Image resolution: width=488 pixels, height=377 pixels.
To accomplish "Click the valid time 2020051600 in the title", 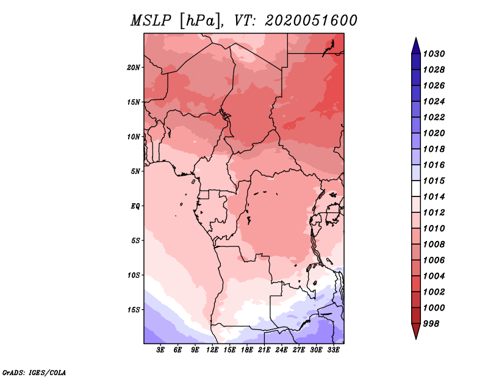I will pyautogui.click(x=311, y=21).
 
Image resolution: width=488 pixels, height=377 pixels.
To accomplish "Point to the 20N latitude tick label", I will pyautogui.click(x=134, y=67).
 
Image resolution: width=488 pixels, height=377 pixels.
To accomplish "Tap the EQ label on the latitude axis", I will pyautogui.click(x=135, y=206).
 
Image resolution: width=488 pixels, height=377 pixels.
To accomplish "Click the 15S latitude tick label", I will pyautogui.click(x=134, y=309).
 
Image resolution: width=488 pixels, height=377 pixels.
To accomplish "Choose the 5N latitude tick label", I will pyautogui.click(x=135, y=171).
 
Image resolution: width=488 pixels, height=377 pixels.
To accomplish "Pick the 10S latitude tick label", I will pyautogui.click(x=134, y=275).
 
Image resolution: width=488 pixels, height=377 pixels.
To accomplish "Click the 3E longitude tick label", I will pyautogui.click(x=161, y=350).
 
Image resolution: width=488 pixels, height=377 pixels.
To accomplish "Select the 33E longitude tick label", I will pyautogui.click(x=334, y=350).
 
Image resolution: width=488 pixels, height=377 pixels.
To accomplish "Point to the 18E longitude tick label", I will pyautogui.click(x=247, y=350).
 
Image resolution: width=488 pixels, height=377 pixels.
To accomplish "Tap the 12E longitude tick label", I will pyautogui.click(x=213, y=350).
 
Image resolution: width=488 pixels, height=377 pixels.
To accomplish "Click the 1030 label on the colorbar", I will pyautogui.click(x=436, y=54).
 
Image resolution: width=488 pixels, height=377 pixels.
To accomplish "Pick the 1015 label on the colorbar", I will pyautogui.click(x=436, y=181).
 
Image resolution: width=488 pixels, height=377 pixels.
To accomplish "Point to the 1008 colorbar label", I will pyautogui.click(x=436, y=244).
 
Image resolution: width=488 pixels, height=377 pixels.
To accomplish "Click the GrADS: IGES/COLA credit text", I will pyautogui.click(x=34, y=372).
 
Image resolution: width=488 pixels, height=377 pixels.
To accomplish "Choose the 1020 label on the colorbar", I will pyautogui.click(x=436, y=133).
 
